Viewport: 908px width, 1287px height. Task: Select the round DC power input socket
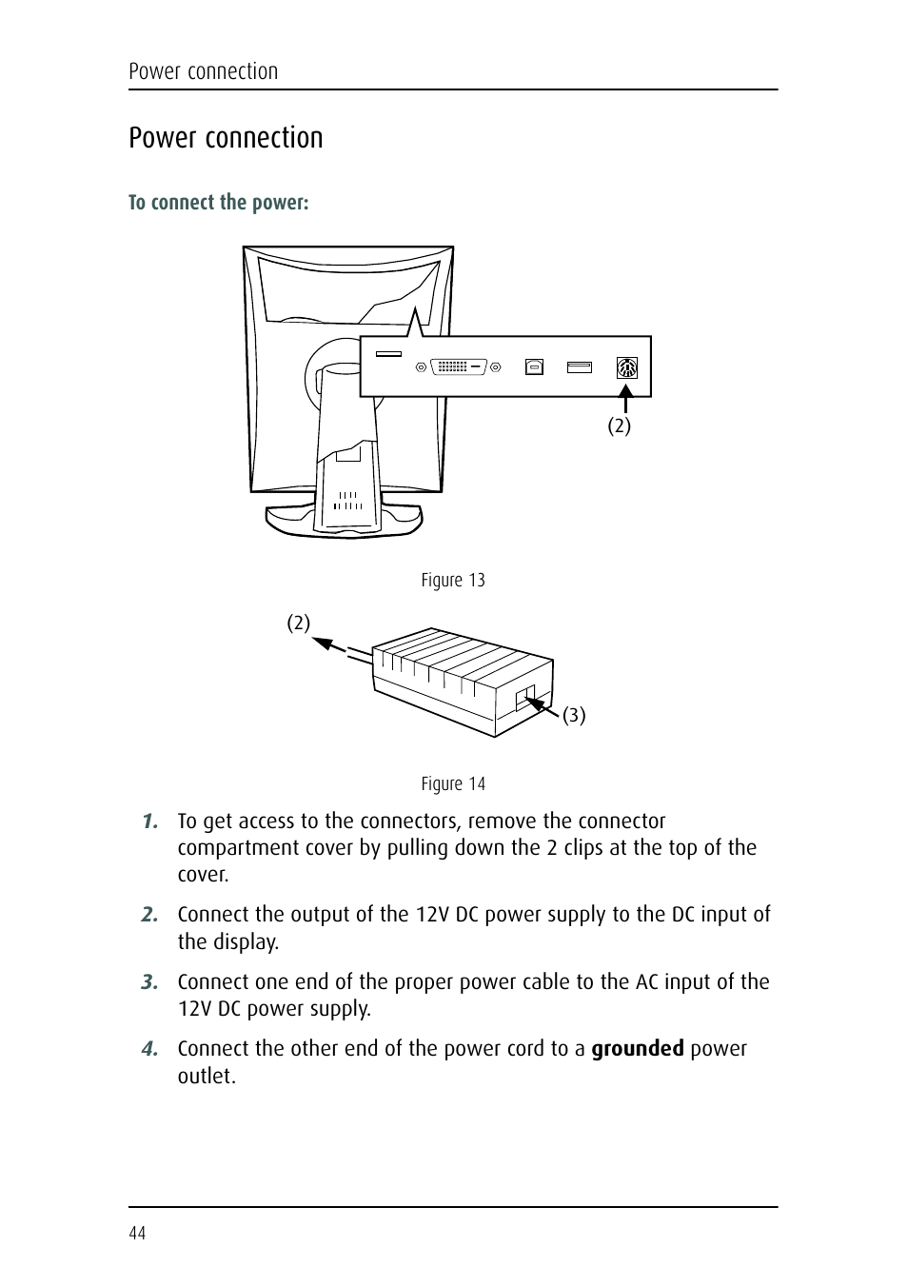[x=626, y=367]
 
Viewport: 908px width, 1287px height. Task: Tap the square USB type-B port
[x=534, y=366]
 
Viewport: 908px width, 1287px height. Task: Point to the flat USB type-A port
[x=579, y=366]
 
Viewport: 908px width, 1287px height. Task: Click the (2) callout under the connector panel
[x=620, y=426]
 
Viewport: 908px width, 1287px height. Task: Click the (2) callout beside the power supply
[x=299, y=624]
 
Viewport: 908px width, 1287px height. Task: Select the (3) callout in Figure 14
[x=574, y=715]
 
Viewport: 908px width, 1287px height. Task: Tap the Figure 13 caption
[x=453, y=581]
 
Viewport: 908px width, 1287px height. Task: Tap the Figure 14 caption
[x=453, y=784]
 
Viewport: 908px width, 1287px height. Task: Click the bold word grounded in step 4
[x=637, y=1049]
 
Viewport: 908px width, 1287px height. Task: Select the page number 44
[x=137, y=1234]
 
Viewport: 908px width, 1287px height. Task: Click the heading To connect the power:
[x=219, y=203]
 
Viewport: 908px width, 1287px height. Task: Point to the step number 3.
[x=149, y=982]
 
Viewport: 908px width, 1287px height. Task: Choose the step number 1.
[x=149, y=822]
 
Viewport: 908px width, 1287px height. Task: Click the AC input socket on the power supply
[x=524, y=698]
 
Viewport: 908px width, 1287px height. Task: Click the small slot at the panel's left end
[x=388, y=354]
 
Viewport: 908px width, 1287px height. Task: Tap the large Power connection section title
[x=226, y=138]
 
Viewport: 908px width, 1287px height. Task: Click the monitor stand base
[x=344, y=522]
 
